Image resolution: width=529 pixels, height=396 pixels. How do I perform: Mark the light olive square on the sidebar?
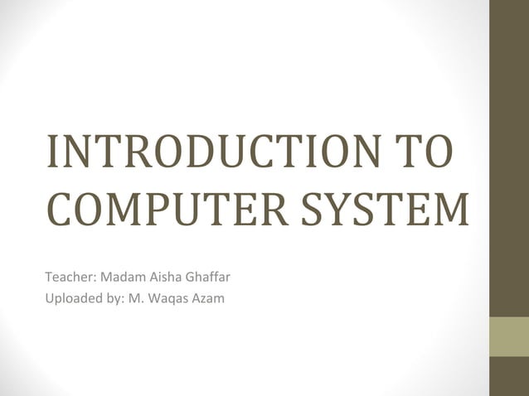(509, 336)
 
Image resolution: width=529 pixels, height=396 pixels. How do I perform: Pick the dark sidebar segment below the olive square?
(509, 376)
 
